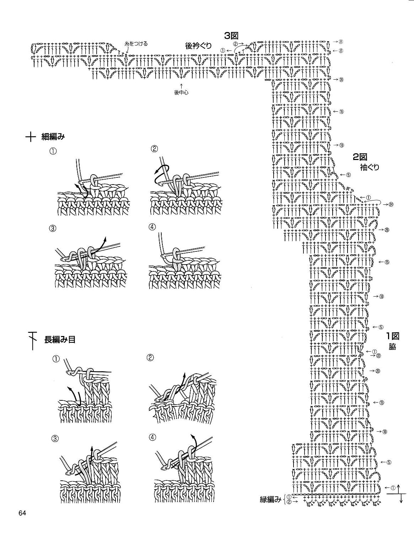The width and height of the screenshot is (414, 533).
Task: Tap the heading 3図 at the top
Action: pos(230,36)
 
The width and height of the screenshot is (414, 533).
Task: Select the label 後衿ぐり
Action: pos(198,46)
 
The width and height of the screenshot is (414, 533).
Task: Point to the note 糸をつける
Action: pos(136,44)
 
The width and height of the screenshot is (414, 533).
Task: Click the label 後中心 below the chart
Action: pos(181,92)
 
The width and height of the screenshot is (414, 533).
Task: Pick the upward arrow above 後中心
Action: pos(181,85)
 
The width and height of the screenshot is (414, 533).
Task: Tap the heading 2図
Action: pos(359,156)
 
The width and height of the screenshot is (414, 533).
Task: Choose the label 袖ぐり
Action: pos(369,167)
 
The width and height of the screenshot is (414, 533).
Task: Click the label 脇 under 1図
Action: pos(392,347)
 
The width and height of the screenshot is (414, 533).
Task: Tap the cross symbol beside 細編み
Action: pos(31,137)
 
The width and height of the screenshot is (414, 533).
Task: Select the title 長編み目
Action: pos(59,340)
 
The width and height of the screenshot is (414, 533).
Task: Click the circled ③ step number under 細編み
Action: pos(53,229)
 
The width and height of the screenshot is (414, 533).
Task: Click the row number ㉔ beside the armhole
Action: pos(391,204)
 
